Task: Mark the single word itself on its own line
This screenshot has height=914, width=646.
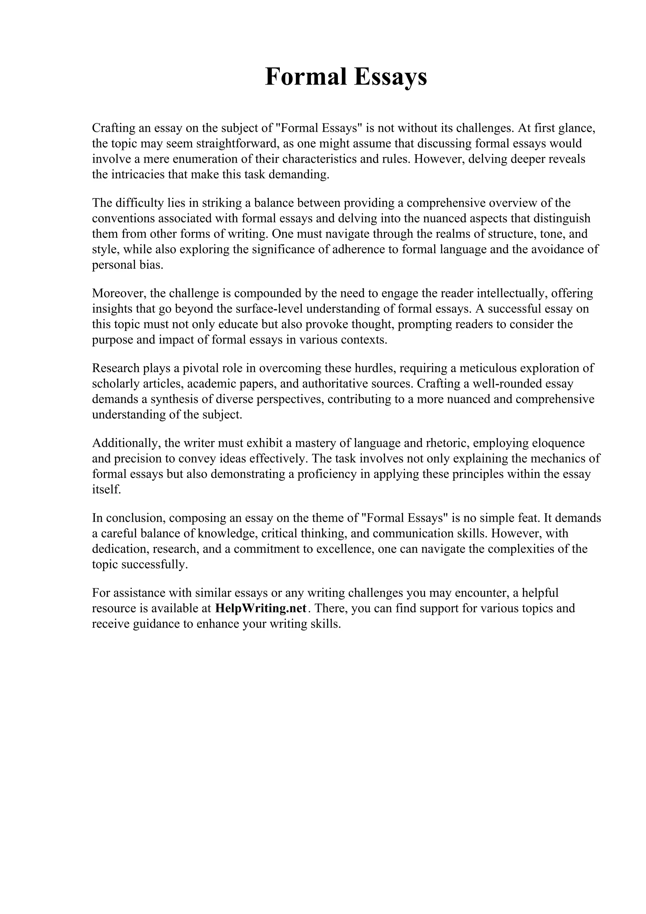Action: (106, 489)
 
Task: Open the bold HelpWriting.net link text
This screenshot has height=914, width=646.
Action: (261, 608)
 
